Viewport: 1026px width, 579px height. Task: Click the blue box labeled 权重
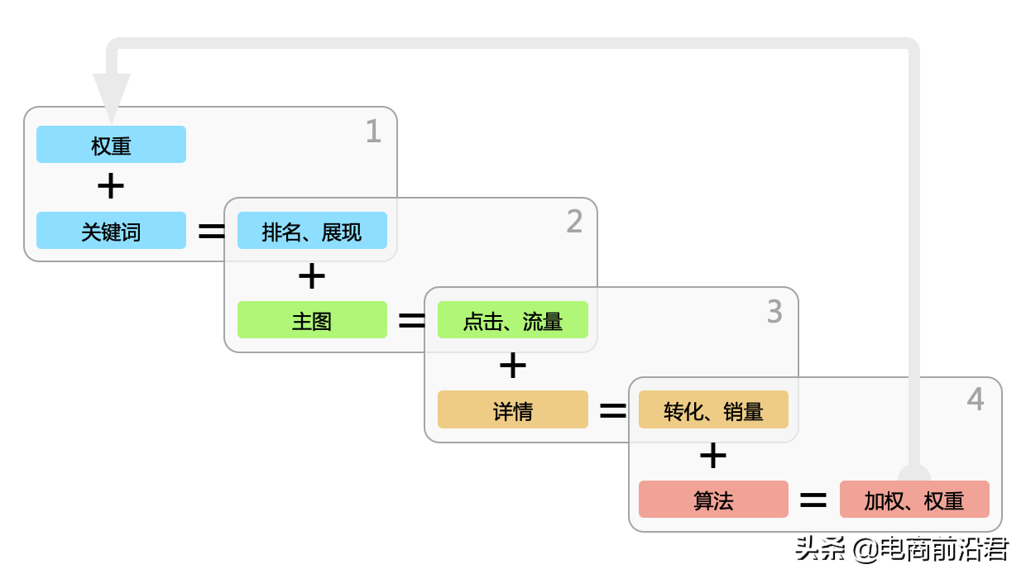pyautogui.click(x=111, y=145)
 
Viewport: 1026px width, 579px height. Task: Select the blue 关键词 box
pyautogui.click(x=111, y=231)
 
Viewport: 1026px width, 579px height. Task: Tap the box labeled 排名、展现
pyautogui.click(x=312, y=231)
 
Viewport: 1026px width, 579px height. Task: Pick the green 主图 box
pyautogui.click(x=312, y=320)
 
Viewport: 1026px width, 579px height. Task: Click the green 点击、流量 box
pyautogui.click(x=513, y=320)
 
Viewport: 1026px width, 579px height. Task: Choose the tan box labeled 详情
pyautogui.click(x=513, y=409)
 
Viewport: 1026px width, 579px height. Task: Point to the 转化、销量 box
pyautogui.click(x=713, y=409)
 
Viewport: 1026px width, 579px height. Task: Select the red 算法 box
pyautogui.click(x=713, y=500)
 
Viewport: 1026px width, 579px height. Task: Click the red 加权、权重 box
pyautogui.click(x=914, y=500)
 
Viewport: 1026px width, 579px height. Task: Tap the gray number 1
pyautogui.click(x=373, y=132)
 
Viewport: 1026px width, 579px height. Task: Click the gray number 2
pyautogui.click(x=574, y=222)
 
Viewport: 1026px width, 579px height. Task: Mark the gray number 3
pyautogui.click(x=774, y=312)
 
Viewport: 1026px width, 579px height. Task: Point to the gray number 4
pyautogui.click(x=976, y=400)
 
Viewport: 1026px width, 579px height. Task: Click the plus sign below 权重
pyautogui.click(x=111, y=187)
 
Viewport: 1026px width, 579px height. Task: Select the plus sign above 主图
pyautogui.click(x=312, y=276)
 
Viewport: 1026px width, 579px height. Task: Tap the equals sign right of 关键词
pyautogui.click(x=212, y=232)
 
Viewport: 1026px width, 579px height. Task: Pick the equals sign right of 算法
pyautogui.click(x=813, y=500)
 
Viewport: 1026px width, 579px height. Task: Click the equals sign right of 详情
pyautogui.click(x=613, y=410)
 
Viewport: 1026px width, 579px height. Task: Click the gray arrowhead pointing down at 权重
pyautogui.click(x=112, y=95)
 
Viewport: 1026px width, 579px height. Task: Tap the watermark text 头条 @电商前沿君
pyautogui.click(x=902, y=548)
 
